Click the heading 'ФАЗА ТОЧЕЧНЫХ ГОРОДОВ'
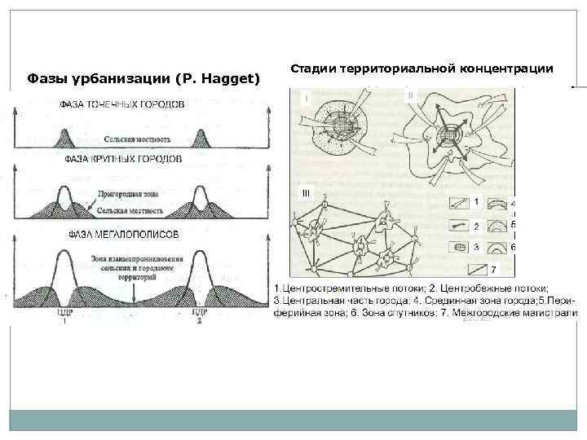point(122,104)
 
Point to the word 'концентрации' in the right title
point(506,67)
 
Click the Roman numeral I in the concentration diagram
point(307,98)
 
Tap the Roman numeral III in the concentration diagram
point(306,193)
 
